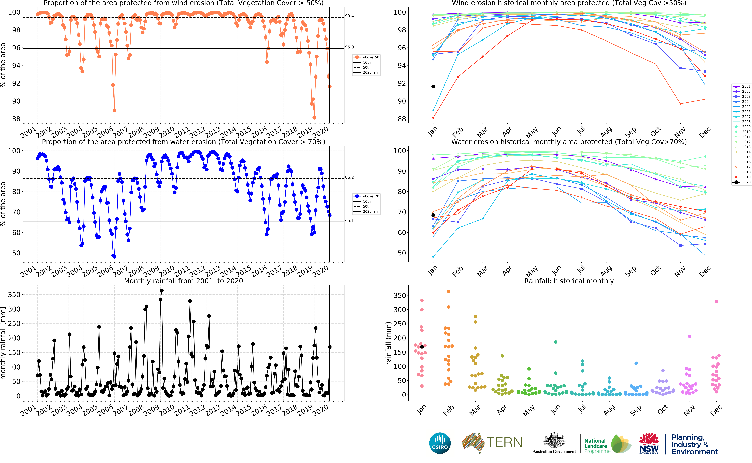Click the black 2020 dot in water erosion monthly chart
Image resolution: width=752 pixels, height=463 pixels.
433,215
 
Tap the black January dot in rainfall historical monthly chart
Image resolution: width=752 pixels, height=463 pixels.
422,347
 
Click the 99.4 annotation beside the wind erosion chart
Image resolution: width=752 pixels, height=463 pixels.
349,16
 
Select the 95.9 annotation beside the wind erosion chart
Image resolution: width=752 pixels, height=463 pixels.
349,47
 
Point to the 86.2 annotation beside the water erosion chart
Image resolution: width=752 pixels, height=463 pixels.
349,177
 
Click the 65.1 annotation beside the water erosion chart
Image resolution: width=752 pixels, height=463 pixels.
349,220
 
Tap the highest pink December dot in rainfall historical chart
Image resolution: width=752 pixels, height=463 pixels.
716,302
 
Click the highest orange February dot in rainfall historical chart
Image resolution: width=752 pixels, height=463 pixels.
449,292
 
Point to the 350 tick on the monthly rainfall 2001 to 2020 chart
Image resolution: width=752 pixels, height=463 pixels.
14,295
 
